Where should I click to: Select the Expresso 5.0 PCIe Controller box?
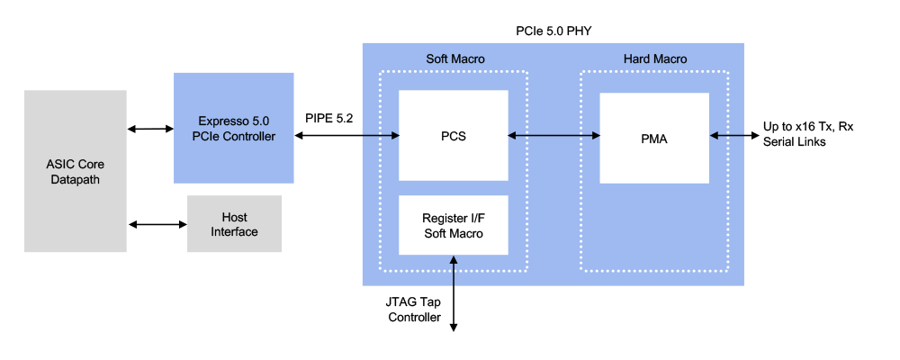[234, 128]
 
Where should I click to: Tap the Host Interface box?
[234, 224]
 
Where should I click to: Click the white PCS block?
[453, 136]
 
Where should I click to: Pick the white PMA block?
[654, 138]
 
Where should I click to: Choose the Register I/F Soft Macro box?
[453, 225]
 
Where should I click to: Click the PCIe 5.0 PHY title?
[553, 31]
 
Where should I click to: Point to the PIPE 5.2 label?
[331, 117]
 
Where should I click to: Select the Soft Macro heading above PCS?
[454, 59]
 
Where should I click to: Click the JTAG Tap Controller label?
[415, 310]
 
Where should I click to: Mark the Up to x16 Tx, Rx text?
[808, 127]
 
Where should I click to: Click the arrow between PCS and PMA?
[553, 136]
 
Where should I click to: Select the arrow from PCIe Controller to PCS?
[346, 136]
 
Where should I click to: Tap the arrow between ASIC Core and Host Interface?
[157, 223]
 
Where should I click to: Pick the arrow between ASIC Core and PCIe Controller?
[150, 130]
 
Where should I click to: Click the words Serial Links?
[796, 142]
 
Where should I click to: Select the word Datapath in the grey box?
[75, 180]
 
